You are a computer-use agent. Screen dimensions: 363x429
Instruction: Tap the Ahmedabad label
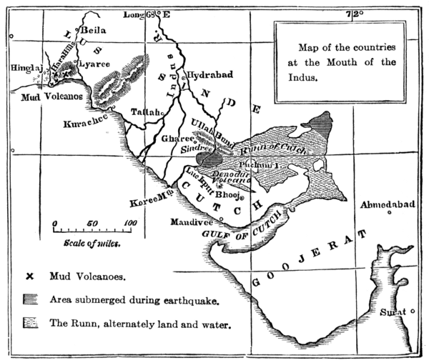tap(388, 206)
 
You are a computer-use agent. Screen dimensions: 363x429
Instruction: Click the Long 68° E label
tap(147, 14)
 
